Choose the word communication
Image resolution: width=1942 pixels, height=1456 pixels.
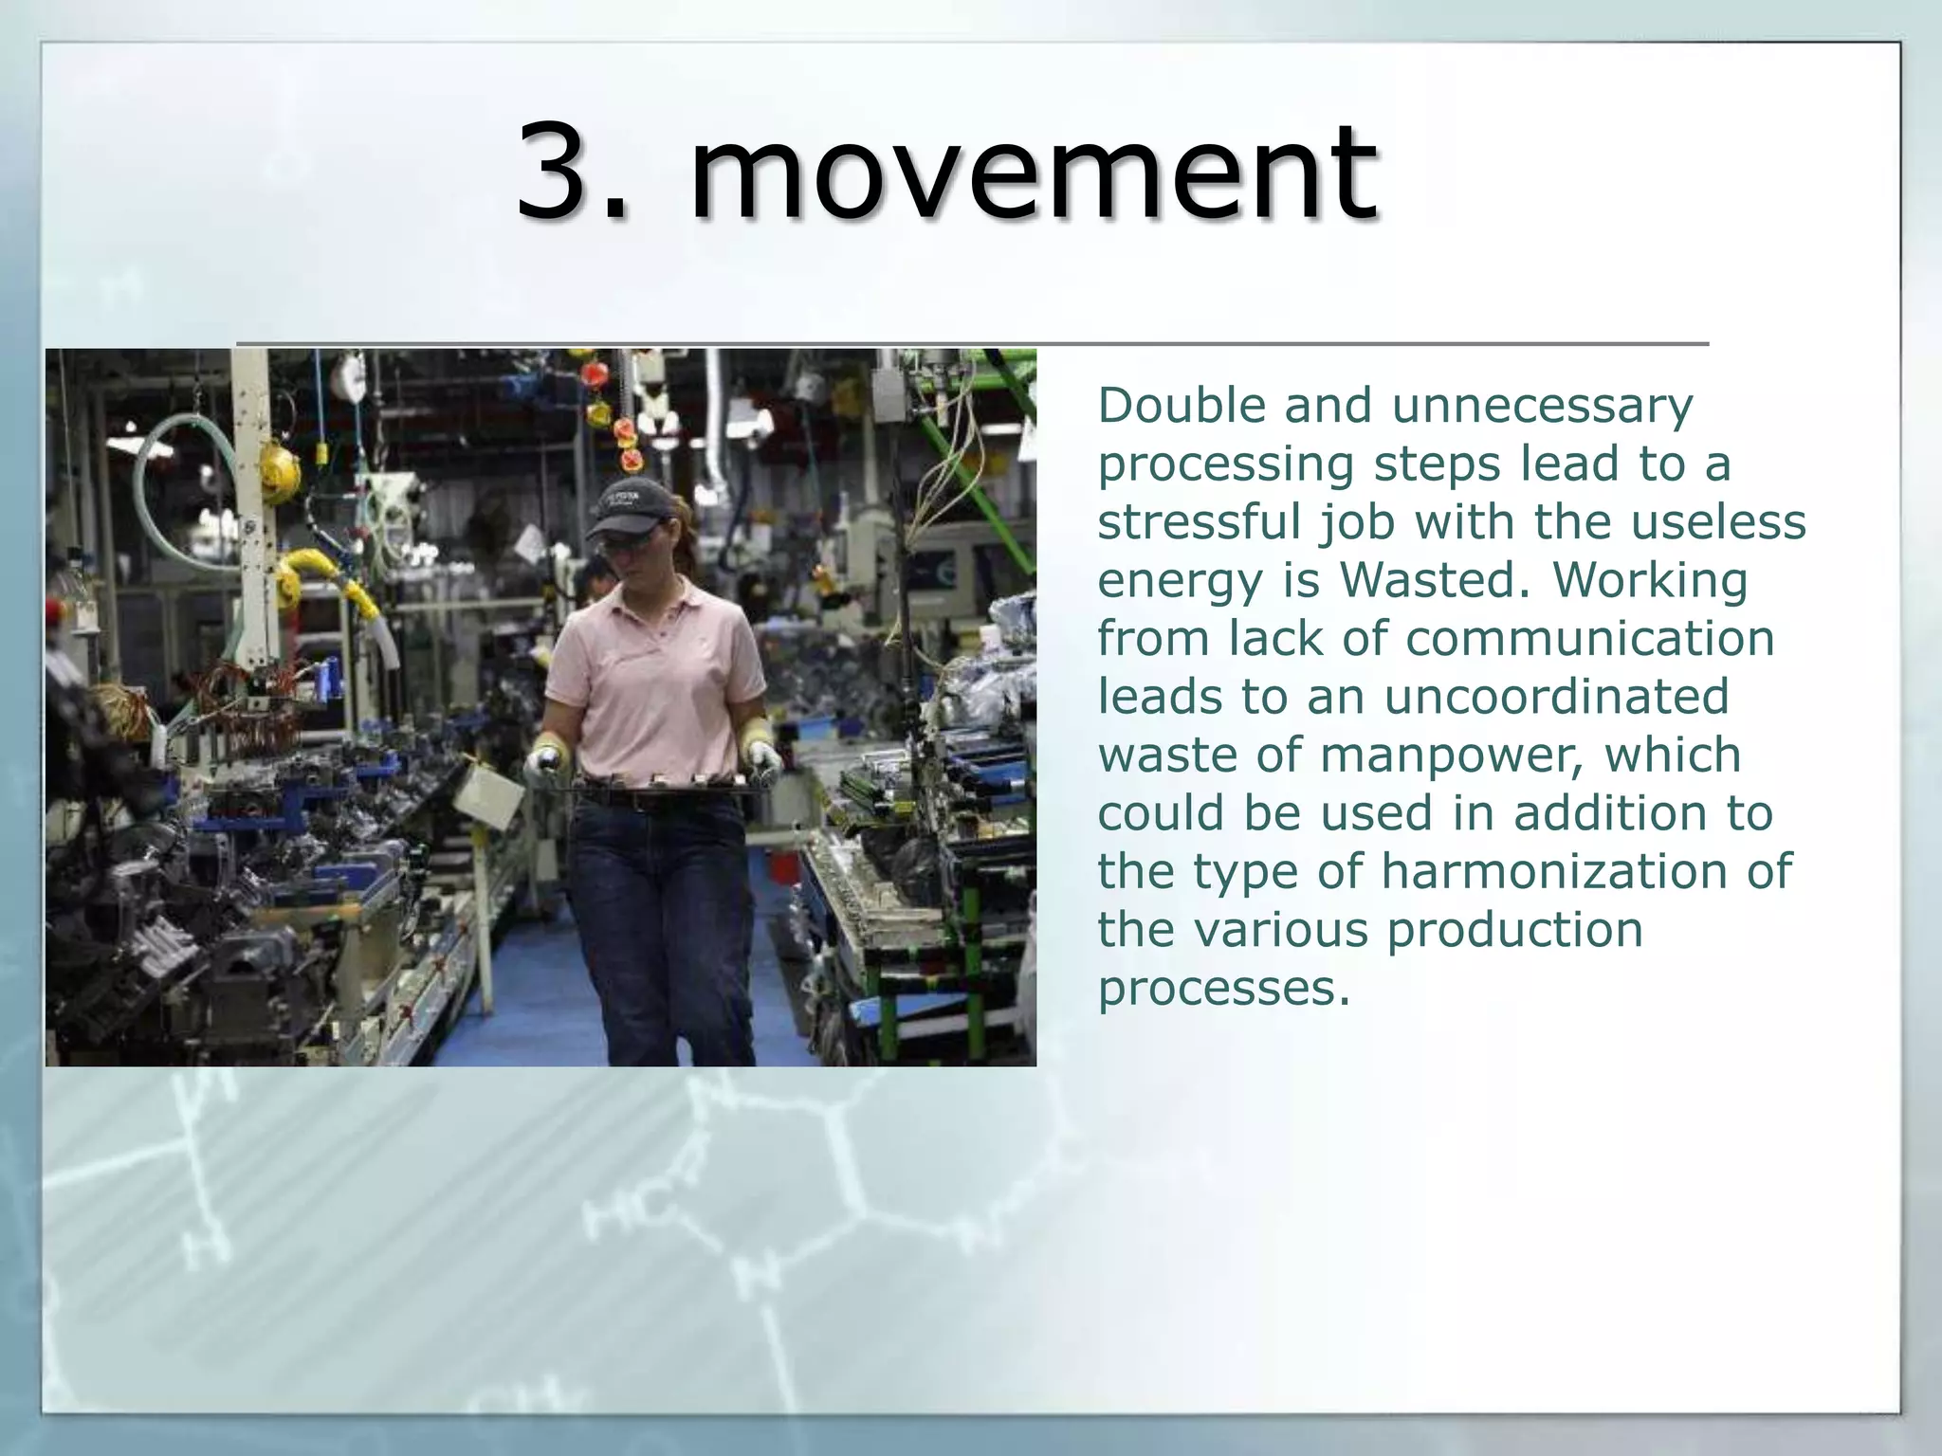1589,638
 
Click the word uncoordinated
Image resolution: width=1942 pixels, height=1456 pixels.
1556,697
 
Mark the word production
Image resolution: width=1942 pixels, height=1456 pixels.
1514,930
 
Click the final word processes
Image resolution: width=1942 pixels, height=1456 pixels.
1223,989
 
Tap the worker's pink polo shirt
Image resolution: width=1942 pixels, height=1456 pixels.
654,682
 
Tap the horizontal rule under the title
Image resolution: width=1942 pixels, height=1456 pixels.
972,343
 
